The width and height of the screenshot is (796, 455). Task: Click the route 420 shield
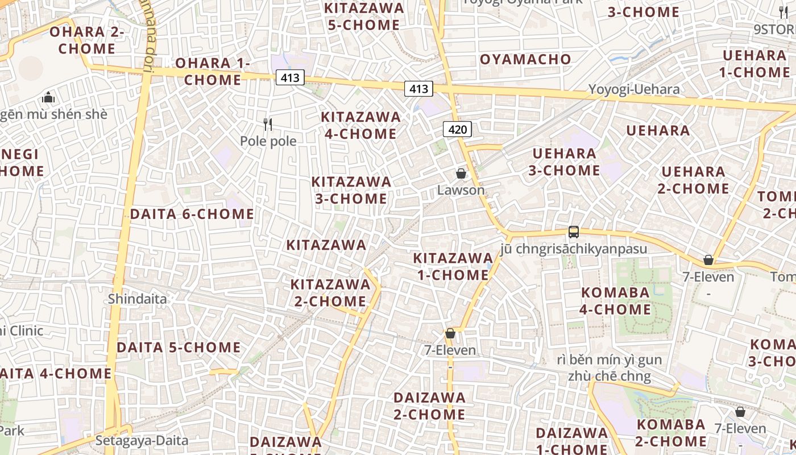coord(457,130)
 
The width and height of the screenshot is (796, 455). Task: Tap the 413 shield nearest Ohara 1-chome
coord(290,77)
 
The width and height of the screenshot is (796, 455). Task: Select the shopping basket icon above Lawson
coord(461,173)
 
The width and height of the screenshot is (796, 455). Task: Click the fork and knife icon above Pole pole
coord(268,124)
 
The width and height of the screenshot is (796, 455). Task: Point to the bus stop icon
coord(574,232)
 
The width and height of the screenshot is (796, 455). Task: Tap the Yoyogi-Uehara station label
coord(634,89)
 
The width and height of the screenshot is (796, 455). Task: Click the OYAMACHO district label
coord(525,59)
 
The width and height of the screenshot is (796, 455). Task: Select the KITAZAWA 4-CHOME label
coord(360,125)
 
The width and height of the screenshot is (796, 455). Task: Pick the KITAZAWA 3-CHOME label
coord(351,190)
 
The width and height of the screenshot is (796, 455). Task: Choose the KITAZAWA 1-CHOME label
coord(451,266)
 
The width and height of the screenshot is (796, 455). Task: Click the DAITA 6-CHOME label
coord(192,214)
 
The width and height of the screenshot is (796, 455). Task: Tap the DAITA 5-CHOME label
coord(179,348)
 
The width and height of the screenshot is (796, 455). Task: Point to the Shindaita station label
coord(138,299)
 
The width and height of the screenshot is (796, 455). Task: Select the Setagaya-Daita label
coord(142,440)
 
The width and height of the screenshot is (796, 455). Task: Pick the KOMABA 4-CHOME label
coord(615,301)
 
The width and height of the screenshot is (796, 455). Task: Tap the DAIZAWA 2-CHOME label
coord(429,406)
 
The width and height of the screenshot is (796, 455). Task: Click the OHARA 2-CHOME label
coord(87,40)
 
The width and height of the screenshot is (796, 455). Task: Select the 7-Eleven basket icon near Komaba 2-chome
coord(740,412)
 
